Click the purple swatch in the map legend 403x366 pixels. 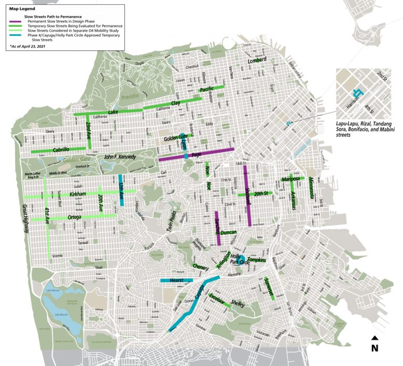(x=16, y=21)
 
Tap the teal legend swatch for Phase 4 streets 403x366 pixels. (x=16, y=35)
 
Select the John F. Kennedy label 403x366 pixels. (x=120, y=157)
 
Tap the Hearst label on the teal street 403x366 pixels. (x=177, y=280)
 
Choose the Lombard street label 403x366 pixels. (x=257, y=60)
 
